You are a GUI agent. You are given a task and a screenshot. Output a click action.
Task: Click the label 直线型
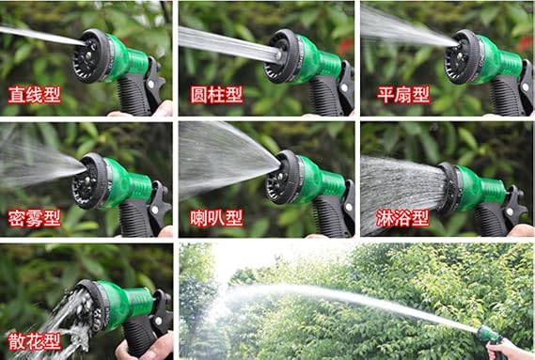(x=35, y=95)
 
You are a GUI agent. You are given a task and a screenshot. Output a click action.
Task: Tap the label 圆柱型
(x=216, y=95)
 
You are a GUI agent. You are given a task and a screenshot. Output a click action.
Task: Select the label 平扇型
(x=403, y=95)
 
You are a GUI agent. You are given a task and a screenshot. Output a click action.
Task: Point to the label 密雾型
(x=35, y=218)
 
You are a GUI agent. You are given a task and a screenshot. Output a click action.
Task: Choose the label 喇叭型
(x=216, y=218)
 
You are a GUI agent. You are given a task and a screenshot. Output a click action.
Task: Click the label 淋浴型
(x=402, y=218)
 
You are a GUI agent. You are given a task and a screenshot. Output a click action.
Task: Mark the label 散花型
(x=35, y=341)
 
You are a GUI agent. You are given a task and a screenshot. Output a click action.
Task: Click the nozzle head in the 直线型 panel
(x=90, y=55)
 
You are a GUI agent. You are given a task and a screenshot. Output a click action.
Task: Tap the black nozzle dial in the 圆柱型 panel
(x=282, y=55)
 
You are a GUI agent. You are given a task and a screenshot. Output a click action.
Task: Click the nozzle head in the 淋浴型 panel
(x=449, y=188)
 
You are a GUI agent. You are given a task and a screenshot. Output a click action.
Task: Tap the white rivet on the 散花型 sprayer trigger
(x=158, y=321)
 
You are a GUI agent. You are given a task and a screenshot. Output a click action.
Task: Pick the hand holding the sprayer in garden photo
(x=509, y=350)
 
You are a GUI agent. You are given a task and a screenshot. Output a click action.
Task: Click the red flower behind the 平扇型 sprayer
(x=524, y=43)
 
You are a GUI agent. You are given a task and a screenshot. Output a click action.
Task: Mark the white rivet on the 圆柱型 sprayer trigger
(x=344, y=87)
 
